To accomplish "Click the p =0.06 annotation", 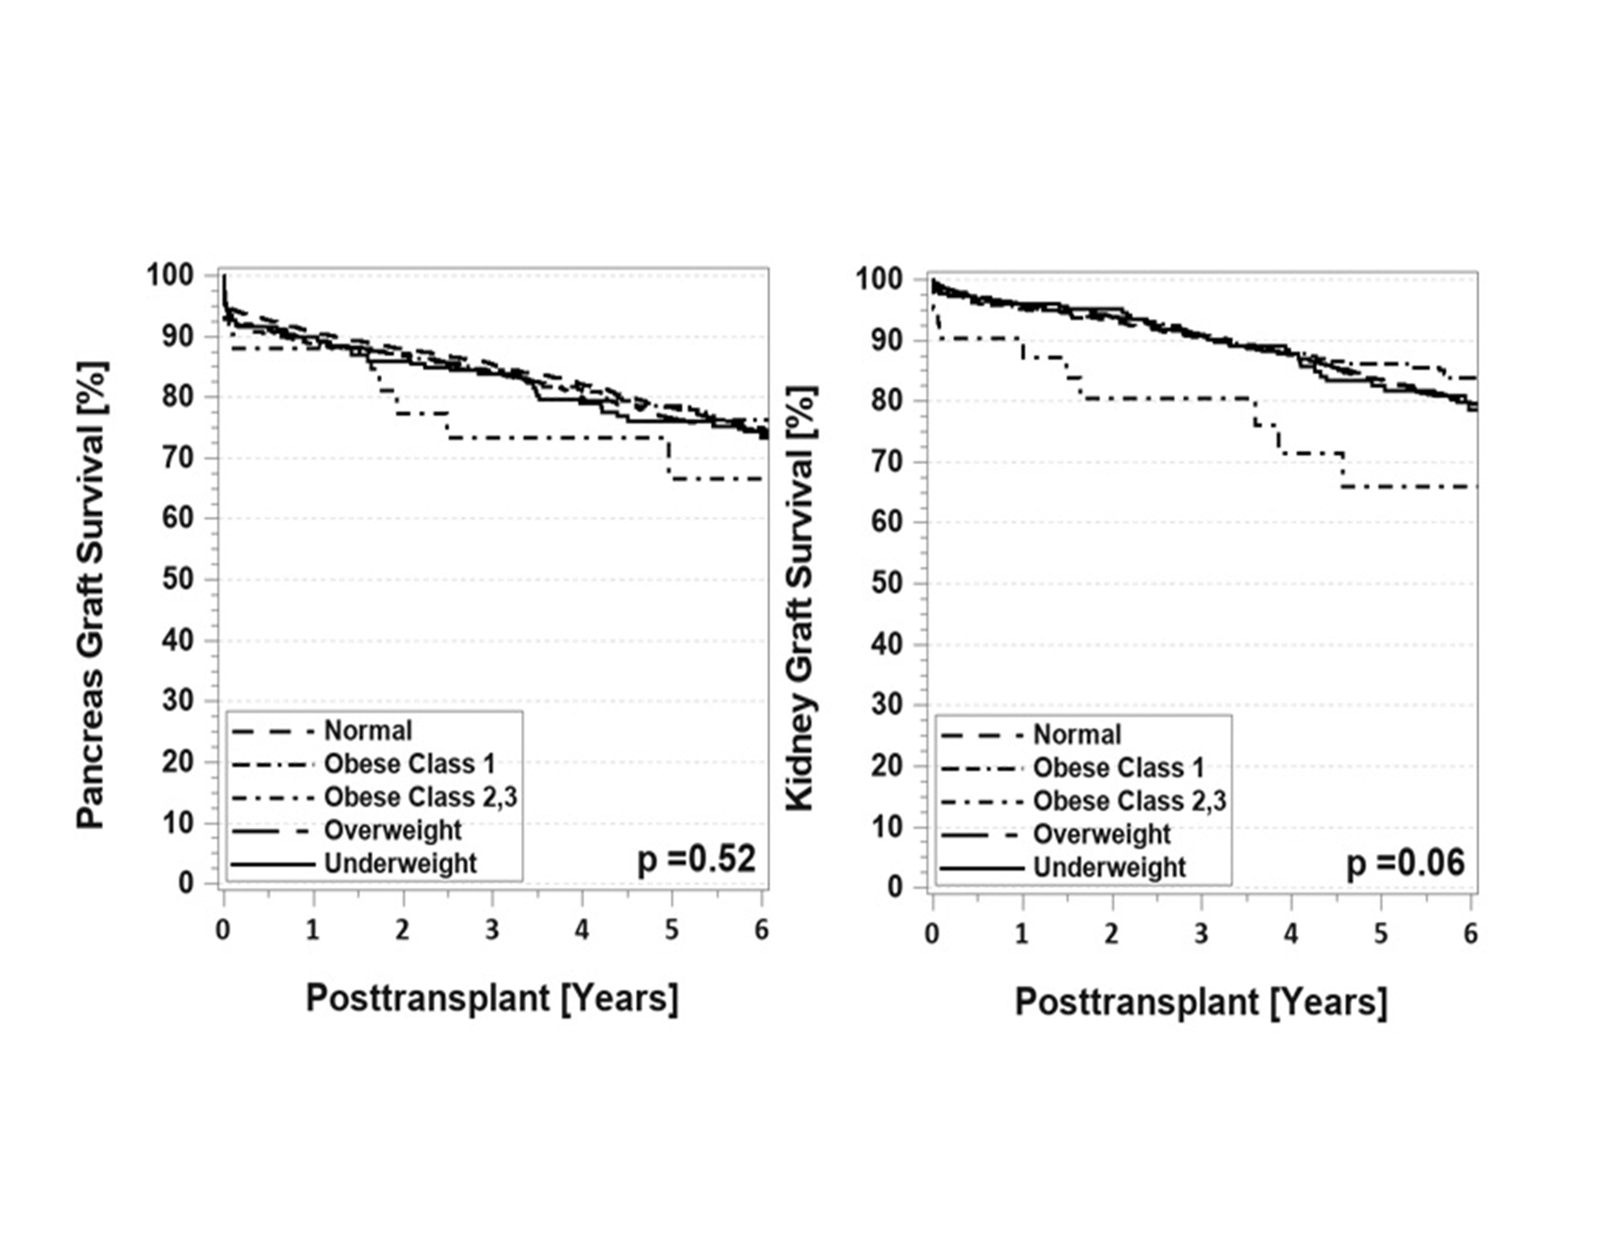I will pyautogui.click(x=1405, y=863).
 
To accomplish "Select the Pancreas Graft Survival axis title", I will pyautogui.click(x=93, y=594).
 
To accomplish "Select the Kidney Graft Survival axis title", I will pyautogui.click(x=801, y=598).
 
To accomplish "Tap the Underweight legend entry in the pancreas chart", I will pyautogui.click(x=401, y=863).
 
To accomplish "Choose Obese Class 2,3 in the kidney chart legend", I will pyautogui.click(x=1129, y=801).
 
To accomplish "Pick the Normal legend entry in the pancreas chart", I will pyautogui.click(x=367, y=731).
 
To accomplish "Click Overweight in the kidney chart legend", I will pyautogui.click(x=1101, y=834).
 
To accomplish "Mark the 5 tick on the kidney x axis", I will pyautogui.click(x=1381, y=934).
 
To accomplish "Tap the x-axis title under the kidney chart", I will pyautogui.click(x=1201, y=1002).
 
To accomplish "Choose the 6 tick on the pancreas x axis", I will pyautogui.click(x=761, y=930).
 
